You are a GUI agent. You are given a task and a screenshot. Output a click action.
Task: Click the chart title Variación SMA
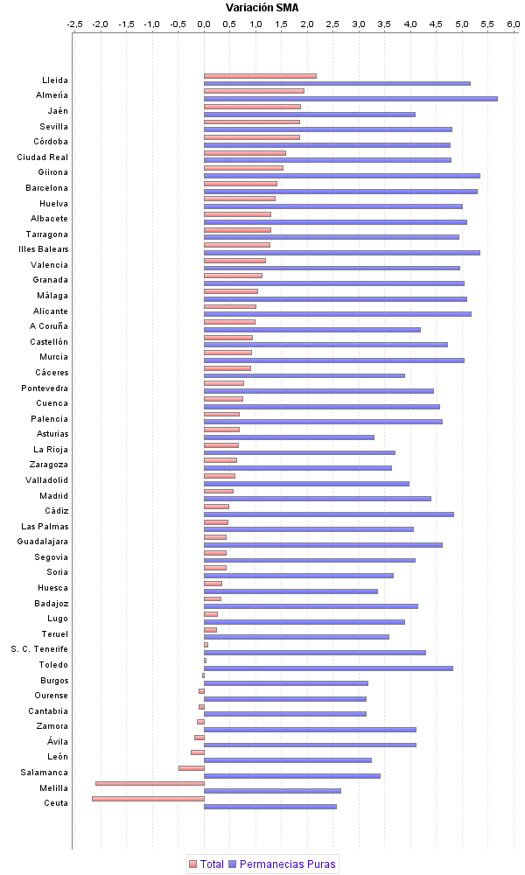click(x=262, y=7)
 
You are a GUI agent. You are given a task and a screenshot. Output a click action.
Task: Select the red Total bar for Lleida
click(x=260, y=76)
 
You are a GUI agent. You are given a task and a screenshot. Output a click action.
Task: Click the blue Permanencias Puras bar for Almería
click(x=350, y=99)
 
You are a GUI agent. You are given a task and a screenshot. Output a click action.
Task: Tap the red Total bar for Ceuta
click(x=148, y=799)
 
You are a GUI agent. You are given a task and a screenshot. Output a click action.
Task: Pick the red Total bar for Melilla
click(x=150, y=783)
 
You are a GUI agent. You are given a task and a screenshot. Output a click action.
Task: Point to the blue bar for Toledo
click(x=328, y=668)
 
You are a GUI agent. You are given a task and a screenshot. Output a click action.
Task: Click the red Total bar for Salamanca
click(x=191, y=768)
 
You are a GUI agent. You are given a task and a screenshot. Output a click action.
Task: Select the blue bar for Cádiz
click(x=328, y=514)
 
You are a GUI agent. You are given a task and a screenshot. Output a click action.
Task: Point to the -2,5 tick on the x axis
click(x=75, y=24)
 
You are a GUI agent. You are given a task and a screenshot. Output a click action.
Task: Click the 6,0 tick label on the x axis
click(x=513, y=24)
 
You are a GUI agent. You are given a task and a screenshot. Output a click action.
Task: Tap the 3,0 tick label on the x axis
click(x=359, y=24)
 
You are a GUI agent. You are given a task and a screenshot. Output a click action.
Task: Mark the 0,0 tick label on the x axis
click(x=204, y=24)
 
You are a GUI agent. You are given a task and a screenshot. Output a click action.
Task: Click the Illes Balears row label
click(x=43, y=249)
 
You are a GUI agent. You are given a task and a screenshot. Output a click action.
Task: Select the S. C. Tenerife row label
click(x=39, y=649)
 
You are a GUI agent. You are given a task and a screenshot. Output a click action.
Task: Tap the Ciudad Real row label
click(x=43, y=157)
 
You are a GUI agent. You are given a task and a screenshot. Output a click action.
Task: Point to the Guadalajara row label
click(x=43, y=542)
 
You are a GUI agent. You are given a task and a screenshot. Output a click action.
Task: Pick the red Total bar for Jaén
click(x=252, y=107)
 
